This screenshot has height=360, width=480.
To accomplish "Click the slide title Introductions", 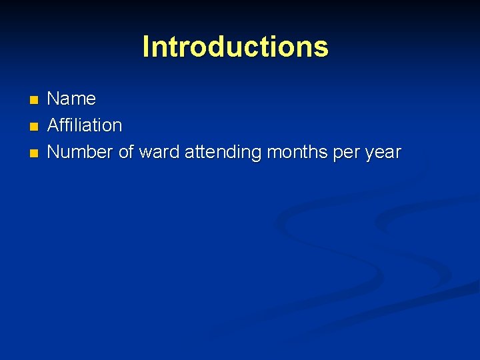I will [235, 47].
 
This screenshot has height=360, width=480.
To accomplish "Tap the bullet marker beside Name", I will [35, 100].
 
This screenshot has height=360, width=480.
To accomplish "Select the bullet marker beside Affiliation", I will [35, 127].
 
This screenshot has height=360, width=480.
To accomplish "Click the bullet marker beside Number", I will [35, 153].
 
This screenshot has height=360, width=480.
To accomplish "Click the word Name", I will [71, 99].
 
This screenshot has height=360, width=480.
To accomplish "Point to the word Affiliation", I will [85, 125].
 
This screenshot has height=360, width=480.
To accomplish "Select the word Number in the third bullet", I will [80, 152].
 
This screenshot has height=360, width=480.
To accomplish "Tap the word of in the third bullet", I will [126, 152].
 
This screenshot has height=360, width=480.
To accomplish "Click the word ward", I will [159, 152].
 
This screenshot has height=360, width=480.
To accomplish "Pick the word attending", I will [223, 153].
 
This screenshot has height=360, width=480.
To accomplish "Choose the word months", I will [296, 152].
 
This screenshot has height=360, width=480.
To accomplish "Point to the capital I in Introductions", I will [146, 47].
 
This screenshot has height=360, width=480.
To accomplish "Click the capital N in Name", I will [53, 99].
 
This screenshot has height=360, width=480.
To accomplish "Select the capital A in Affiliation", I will [53, 125].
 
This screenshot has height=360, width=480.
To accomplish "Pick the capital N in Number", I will [53, 152].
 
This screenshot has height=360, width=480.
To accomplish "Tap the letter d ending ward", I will [174, 152].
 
